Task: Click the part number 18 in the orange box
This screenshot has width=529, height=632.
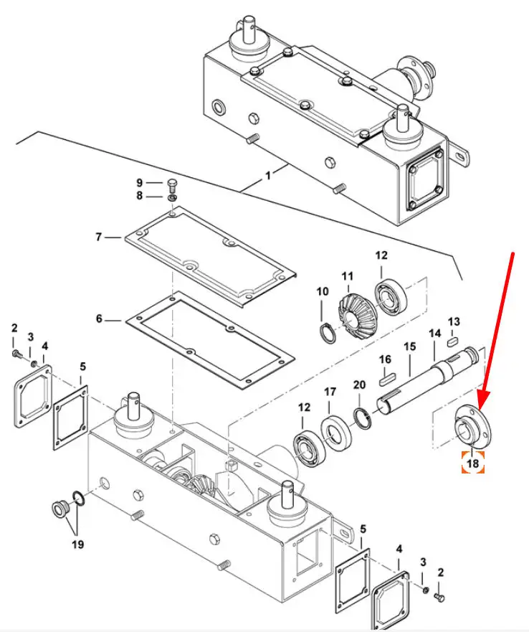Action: pos(472,463)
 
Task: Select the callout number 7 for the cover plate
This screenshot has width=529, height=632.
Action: pos(100,236)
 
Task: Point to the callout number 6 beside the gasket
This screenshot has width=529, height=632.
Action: pos(100,318)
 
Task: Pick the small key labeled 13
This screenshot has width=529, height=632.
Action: pos(454,342)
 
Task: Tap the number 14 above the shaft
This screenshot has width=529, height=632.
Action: pos(434,334)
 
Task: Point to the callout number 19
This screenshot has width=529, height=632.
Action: pos(77,544)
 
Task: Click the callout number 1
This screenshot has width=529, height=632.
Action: pos(269,174)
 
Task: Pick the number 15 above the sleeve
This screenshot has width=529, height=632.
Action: pos(409,346)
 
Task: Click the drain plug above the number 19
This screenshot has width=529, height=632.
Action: pos(58,509)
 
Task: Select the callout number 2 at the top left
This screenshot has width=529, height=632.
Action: pos(14,328)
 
